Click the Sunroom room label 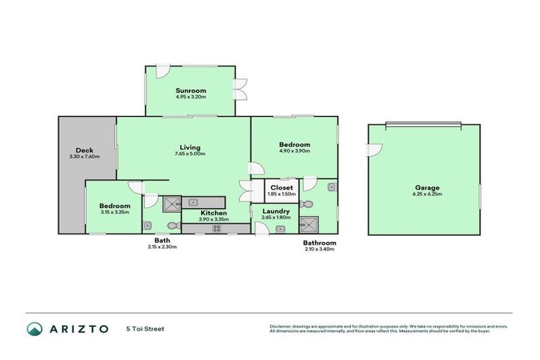pyautogui.click(x=191, y=91)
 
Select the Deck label pyautogui.click(x=84, y=150)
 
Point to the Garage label pyautogui.click(x=427, y=188)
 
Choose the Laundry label pyautogui.click(x=276, y=211)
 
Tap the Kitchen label pyautogui.click(x=213, y=212)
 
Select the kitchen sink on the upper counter pyautogui.click(x=194, y=202)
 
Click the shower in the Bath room pyautogui.click(x=172, y=204)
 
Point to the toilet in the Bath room pyautogui.click(x=175, y=226)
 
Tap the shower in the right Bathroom pyautogui.click(x=308, y=225)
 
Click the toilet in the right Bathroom pyautogui.click(x=306, y=204)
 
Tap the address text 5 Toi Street pyautogui.click(x=146, y=328)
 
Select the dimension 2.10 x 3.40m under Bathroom pyautogui.click(x=319, y=249)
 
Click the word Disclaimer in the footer pyautogui.click(x=282, y=327)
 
